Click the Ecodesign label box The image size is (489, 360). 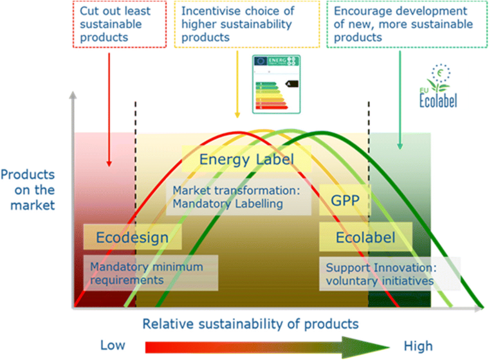[132, 237]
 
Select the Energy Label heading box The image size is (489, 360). [246, 160]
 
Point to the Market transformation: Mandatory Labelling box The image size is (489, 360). [238, 197]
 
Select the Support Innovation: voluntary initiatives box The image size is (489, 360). [389, 273]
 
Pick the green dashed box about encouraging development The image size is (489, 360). [398, 24]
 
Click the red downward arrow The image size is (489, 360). [109, 109]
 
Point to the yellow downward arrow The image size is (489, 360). [237, 84]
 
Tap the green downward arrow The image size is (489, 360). [399, 100]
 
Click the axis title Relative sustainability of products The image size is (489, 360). [250, 324]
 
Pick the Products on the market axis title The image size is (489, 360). [27, 189]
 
